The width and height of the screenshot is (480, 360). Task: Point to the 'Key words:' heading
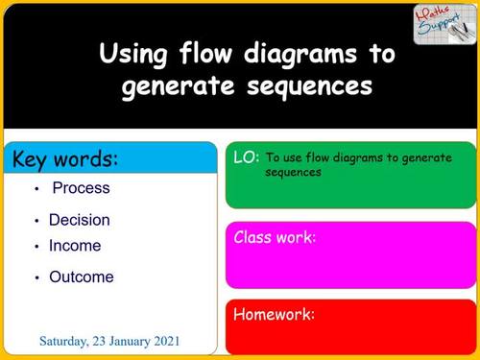(x=64, y=158)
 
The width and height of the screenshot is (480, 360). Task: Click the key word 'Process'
(x=81, y=188)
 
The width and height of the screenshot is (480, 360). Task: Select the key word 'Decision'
(x=80, y=220)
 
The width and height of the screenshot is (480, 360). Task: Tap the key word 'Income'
(x=75, y=246)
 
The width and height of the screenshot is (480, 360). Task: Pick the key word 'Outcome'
(x=82, y=277)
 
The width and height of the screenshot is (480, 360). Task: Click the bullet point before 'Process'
(x=36, y=189)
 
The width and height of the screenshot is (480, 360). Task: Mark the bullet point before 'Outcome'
(x=36, y=278)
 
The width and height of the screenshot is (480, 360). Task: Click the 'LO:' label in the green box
(x=246, y=156)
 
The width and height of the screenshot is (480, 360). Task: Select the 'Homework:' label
(x=275, y=314)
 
